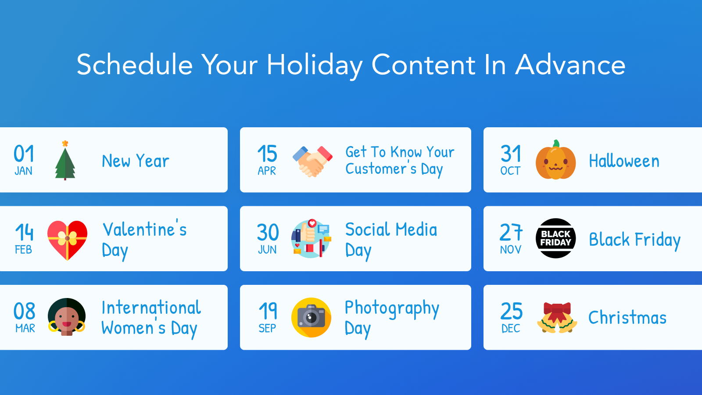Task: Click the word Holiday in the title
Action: [314, 65]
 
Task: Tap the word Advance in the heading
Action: [570, 65]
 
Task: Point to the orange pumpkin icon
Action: [555, 161]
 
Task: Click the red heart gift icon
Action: [67, 240]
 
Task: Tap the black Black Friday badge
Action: [555, 238]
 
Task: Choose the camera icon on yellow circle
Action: [311, 317]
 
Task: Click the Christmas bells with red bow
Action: [556, 318]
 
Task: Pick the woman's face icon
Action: [67, 317]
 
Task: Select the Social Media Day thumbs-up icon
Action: [311, 238]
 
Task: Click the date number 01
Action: [24, 154]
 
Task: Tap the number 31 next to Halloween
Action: [511, 154]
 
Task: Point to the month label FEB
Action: [23, 250]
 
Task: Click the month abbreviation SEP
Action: [267, 328]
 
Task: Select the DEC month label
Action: [511, 328]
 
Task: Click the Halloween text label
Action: [624, 161]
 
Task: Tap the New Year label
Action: [135, 161]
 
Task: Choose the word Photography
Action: [392, 309]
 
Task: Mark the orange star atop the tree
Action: [65, 144]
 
